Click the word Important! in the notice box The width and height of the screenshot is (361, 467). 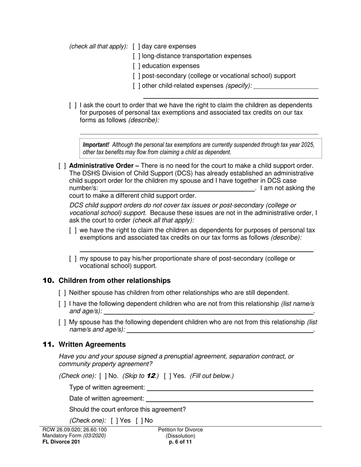[x=96, y=145]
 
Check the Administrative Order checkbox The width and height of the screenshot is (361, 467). [x=62, y=166]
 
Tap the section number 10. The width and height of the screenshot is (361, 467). [x=48, y=281]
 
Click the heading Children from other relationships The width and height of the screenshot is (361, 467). [x=114, y=281]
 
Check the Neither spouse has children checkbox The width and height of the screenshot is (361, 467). [x=62, y=293]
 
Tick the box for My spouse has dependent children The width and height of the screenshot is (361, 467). [x=62, y=322]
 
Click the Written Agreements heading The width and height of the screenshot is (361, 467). [x=92, y=344]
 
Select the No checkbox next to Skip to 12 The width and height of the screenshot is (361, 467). [x=103, y=376]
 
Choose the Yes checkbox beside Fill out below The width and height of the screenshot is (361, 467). [x=168, y=376]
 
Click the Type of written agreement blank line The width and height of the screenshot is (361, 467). [x=230, y=388]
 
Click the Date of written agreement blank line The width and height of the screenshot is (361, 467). [x=230, y=399]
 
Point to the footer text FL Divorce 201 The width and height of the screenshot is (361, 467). [x=61, y=442]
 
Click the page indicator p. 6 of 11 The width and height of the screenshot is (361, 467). [x=180, y=442]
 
